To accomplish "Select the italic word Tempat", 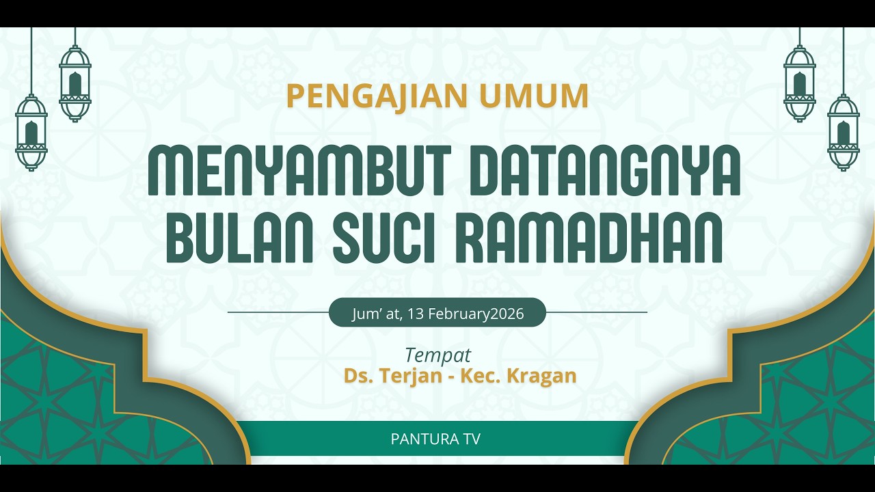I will coord(438,355).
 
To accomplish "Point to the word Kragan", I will coord(541,376).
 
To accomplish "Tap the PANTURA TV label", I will coord(435,439).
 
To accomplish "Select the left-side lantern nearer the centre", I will coord(75,83).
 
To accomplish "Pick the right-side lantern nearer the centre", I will coord(800,83).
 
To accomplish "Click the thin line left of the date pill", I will coord(278,312).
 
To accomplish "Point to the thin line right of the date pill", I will coord(596,312).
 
